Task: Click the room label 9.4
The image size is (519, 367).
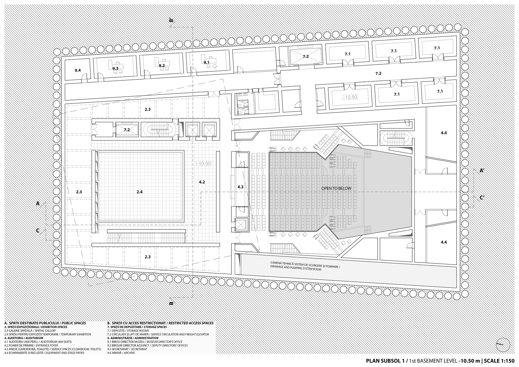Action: tap(78, 71)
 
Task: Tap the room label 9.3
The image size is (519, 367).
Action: tap(115, 68)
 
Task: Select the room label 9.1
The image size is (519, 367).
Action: tap(207, 62)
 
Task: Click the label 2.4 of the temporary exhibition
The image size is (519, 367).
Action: tap(139, 192)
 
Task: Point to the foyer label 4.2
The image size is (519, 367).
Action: tap(202, 182)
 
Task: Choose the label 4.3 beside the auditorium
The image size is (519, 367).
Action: tap(241, 187)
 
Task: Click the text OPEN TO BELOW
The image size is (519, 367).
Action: tap(336, 188)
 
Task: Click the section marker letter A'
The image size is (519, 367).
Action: tap(482, 171)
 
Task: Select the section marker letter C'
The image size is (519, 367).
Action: tap(482, 198)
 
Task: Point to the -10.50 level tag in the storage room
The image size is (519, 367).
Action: tap(350, 97)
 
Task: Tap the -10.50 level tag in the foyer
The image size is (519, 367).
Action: tap(204, 164)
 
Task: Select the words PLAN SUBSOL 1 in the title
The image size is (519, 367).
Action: tap(386, 361)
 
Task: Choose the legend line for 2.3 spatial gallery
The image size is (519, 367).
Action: tap(30, 331)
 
